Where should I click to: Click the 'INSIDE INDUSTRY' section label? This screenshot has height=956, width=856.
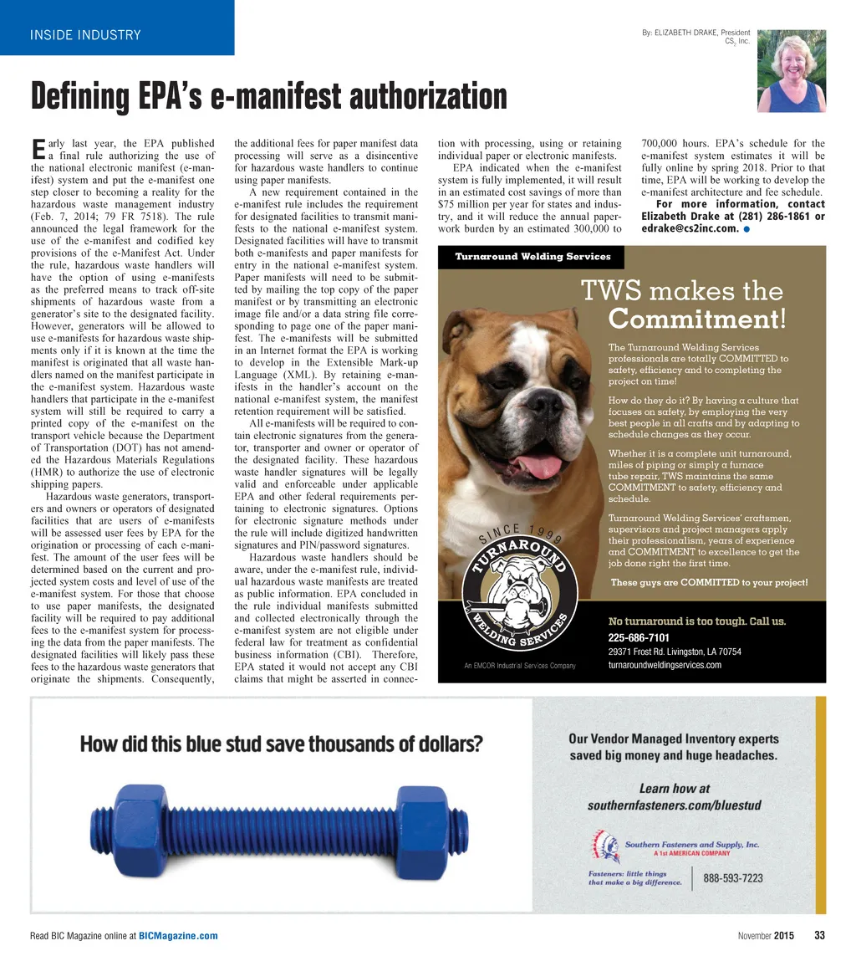point(85,35)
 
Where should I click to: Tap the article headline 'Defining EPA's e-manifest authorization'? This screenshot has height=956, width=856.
point(268,97)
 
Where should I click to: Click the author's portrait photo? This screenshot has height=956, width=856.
point(791,71)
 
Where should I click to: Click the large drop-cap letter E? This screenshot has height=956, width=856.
point(37,150)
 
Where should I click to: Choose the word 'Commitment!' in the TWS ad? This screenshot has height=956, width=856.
point(697,320)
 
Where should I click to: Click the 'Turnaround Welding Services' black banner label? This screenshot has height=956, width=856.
point(532,257)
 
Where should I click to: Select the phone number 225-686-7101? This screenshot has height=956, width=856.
point(639,637)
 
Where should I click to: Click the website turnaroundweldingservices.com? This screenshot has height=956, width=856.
point(665,665)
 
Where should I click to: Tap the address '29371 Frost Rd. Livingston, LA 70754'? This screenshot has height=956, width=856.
point(675,652)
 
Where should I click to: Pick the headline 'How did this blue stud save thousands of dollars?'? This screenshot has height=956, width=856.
point(281,743)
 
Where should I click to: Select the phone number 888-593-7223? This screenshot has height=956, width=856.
point(732,878)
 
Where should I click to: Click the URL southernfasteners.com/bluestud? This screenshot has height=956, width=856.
point(674,805)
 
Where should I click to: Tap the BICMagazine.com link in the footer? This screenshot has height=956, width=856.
point(178,936)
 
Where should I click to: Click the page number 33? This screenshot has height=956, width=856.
point(820,935)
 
